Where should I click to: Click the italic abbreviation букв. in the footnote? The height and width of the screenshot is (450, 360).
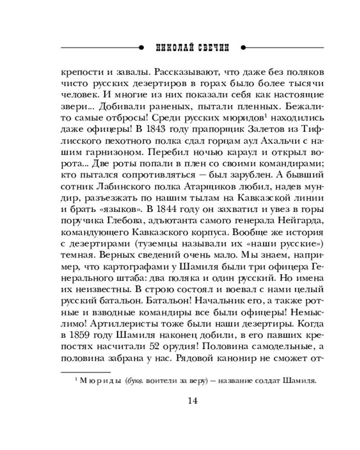coord(134,381)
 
